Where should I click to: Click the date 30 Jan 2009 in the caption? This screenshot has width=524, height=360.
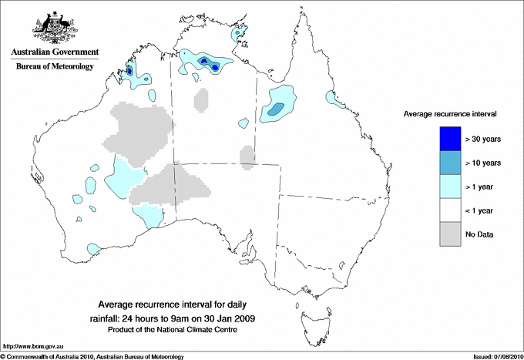coord(232,318)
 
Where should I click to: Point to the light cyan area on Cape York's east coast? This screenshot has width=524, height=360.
coord(333,99)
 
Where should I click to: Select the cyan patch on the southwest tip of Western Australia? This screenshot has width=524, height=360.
coord(92,249)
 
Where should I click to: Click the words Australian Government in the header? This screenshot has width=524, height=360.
coord(52,52)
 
